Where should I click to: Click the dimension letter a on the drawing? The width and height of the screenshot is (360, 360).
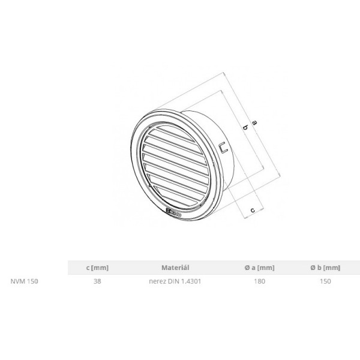tap(254, 122)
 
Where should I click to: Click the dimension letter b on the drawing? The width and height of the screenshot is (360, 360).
tap(245, 127)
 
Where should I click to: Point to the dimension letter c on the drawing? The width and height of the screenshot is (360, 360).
tap(253, 210)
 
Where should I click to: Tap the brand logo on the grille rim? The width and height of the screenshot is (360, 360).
tap(173, 213)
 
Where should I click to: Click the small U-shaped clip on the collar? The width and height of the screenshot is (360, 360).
tap(223, 147)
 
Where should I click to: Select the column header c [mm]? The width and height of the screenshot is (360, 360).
tap(97, 268)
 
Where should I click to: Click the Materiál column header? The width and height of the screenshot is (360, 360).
tap(175, 268)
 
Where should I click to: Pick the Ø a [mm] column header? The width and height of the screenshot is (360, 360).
tap(260, 268)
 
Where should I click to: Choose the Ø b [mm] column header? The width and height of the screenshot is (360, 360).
tap(325, 268)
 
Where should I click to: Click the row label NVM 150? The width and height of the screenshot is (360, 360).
tap(25, 281)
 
